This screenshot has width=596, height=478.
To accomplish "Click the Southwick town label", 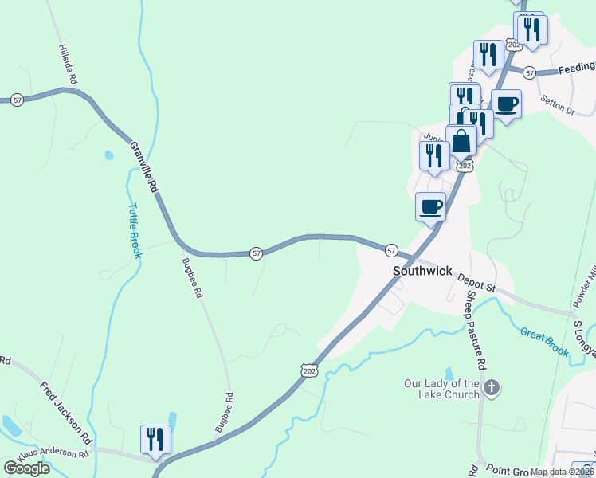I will (x=423, y=271).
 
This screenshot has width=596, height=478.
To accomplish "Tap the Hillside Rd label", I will (x=66, y=65).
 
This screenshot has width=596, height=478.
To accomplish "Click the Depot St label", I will (x=476, y=281).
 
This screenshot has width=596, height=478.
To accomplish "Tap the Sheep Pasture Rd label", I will (x=475, y=327).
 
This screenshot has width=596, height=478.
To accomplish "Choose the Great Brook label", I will (x=546, y=340).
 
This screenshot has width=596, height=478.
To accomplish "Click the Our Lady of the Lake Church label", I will (x=441, y=389).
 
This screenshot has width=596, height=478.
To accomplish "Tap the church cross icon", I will (x=492, y=388).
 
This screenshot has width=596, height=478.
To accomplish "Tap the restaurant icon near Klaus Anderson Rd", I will (x=155, y=439).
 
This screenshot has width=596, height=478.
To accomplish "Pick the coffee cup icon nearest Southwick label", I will (x=431, y=206).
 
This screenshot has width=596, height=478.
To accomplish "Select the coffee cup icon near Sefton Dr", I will (x=506, y=104).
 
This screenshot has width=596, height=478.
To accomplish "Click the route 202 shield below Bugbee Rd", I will (x=310, y=370).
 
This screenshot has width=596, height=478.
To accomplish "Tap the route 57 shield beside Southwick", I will (x=391, y=250).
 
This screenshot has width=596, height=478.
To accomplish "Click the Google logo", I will (x=26, y=468).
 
